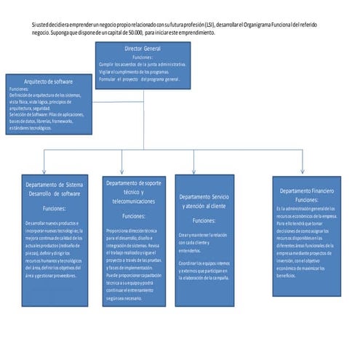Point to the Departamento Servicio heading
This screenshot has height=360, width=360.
coord(204,201)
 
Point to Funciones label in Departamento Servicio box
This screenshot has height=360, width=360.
coord(204,220)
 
